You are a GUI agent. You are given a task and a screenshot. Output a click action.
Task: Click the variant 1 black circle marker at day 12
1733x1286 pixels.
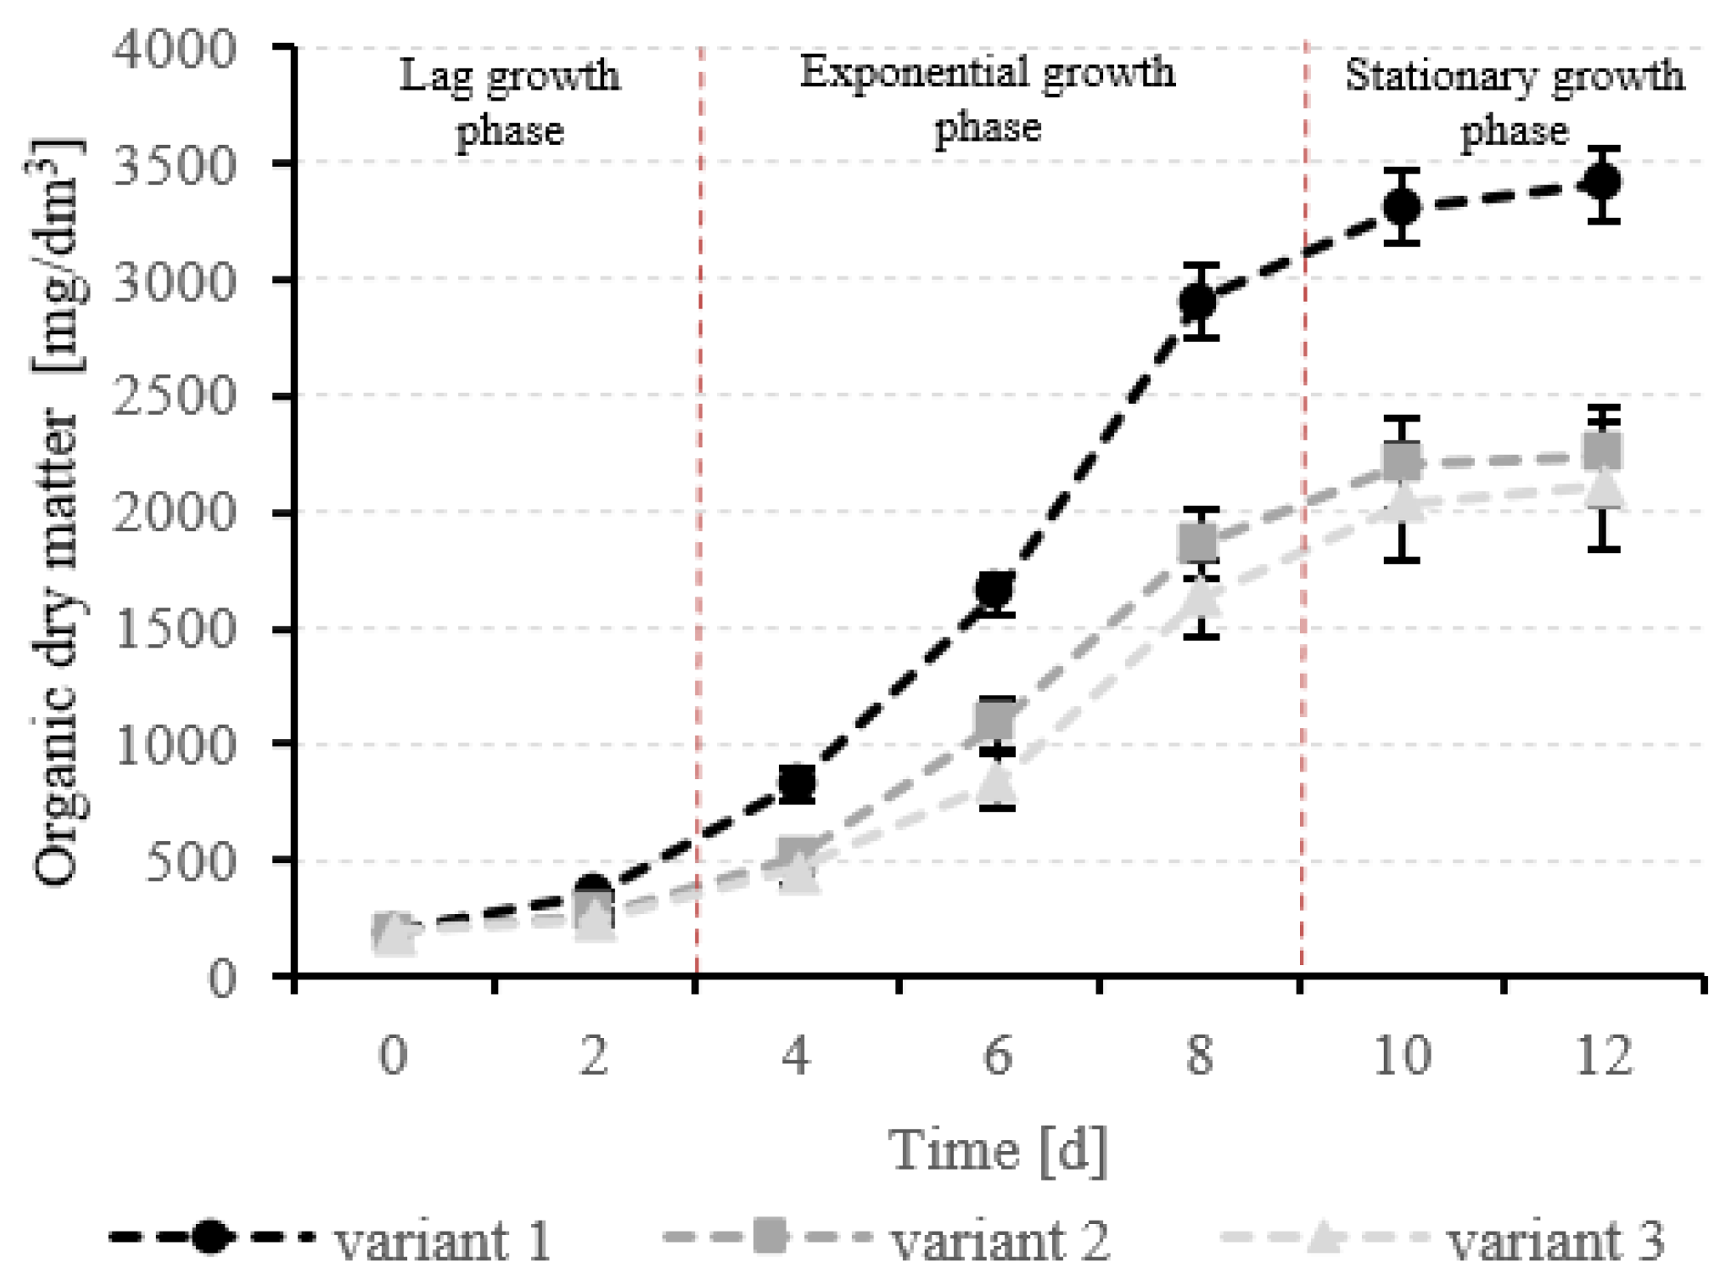tap(1603, 182)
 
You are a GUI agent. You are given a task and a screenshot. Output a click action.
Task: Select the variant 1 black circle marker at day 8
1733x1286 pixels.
tap(1199, 302)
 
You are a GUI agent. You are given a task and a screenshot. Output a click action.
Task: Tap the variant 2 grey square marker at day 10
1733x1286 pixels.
tap(1401, 460)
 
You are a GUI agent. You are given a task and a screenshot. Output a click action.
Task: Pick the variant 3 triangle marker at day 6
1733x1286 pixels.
tap(997, 782)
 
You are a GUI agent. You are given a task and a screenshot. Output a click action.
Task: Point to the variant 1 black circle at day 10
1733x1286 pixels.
tap(1401, 206)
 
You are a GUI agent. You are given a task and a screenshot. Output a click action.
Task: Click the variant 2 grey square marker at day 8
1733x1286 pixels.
tap(1199, 543)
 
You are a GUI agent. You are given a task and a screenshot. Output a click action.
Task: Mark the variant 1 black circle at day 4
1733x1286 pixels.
tap(797, 782)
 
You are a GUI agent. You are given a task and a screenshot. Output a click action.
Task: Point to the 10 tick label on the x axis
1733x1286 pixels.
tap(1401, 1055)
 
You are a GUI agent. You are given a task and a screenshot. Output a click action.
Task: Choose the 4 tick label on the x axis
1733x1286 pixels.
tap(796, 1055)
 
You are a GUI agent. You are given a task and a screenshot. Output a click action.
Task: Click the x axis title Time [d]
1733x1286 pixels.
tap(998, 1150)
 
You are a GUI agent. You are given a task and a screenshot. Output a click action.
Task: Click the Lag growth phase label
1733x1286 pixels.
tap(509, 102)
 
